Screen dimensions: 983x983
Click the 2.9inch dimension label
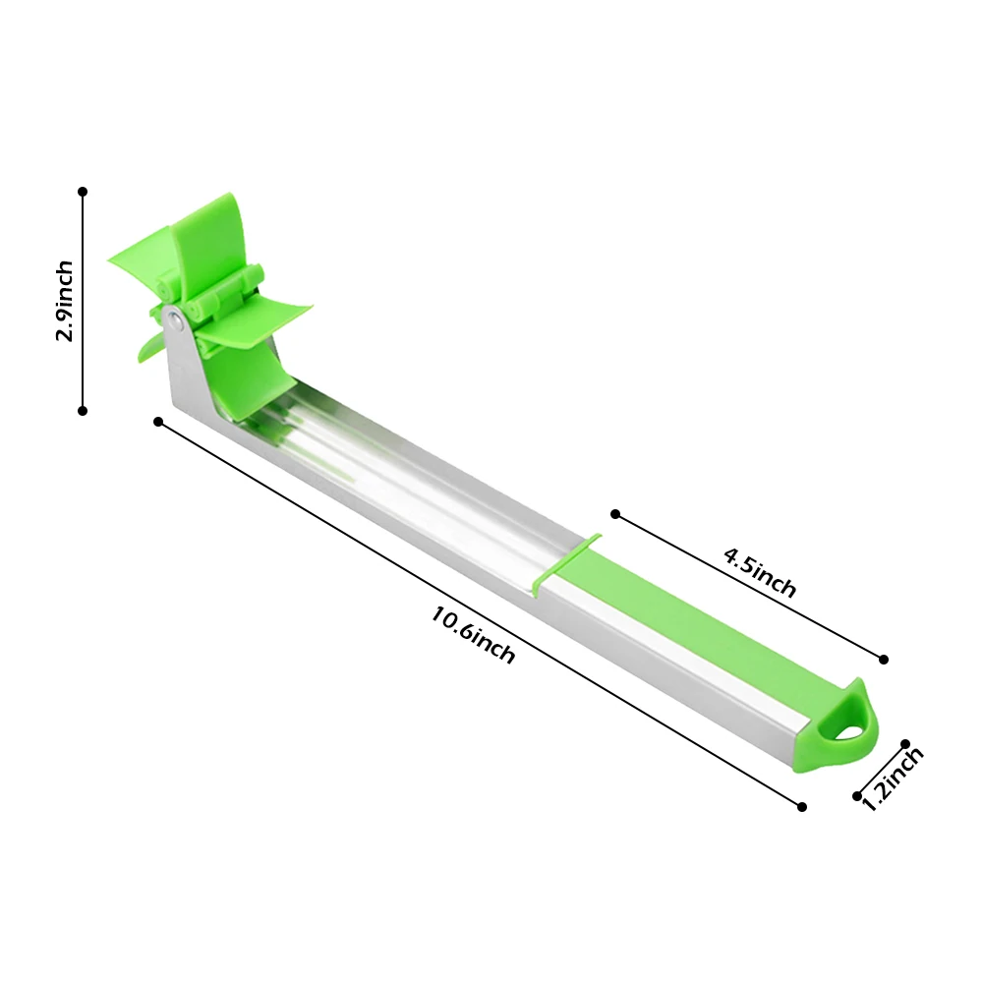(65, 301)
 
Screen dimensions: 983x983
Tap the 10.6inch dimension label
(473, 634)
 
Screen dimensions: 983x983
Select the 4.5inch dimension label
(760, 573)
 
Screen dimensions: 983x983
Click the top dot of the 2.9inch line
(83, 192)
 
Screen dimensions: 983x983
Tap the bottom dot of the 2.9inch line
(83, 411)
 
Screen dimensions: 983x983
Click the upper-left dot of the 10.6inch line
(158, 422)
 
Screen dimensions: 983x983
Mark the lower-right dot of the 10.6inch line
(802, 807)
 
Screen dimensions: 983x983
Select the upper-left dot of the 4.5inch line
(615, 514)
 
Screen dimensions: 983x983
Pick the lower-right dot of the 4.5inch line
(884, 660)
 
